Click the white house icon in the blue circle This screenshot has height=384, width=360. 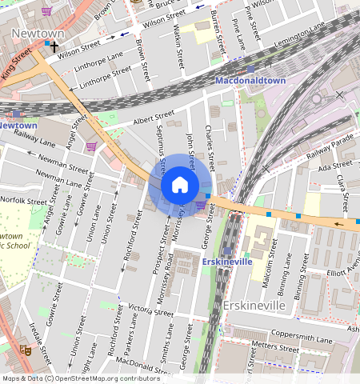point(180,186)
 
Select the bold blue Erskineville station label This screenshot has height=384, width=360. point(227,262)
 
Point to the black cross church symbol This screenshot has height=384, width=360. point(54,47)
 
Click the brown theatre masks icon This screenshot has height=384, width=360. point(26,350)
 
